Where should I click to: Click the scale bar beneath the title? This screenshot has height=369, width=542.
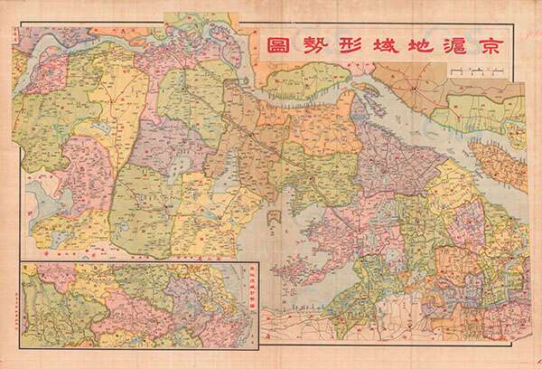coord(473,72)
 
